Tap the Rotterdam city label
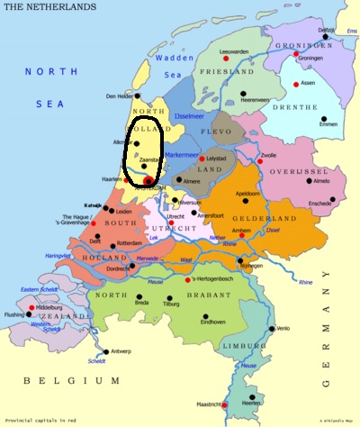pos(130,242)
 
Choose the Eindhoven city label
pos(213,322)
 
